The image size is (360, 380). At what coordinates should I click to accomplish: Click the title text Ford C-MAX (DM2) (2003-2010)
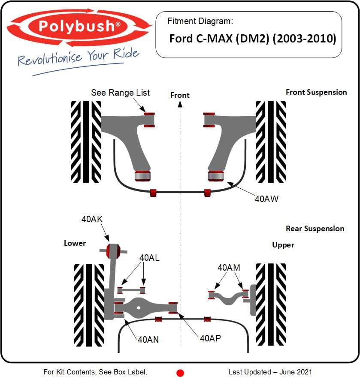[252, 39]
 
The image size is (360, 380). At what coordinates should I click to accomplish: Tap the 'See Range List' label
[120, 93]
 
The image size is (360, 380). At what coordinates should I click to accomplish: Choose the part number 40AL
[150, 258]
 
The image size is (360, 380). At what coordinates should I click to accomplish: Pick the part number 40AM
[229, 268]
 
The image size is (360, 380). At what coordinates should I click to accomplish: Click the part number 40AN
[148, 339]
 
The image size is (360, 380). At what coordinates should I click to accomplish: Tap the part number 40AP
[211, 338]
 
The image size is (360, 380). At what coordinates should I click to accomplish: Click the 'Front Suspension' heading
[316, 92]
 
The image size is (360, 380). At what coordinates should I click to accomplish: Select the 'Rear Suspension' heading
[315, 229]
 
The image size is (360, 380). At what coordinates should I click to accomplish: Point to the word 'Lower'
[75, 243]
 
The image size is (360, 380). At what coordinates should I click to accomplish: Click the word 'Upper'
[283, 245]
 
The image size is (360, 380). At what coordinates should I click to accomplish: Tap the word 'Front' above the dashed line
[180, 95]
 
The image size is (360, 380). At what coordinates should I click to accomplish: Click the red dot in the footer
[180, 373]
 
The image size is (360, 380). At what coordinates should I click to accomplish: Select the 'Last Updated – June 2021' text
[270, 372]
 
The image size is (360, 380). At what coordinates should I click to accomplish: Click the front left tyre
[86, 141]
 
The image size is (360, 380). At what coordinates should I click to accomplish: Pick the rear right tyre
[270, 304]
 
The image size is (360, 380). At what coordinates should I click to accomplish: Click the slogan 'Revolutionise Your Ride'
[79, 57]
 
